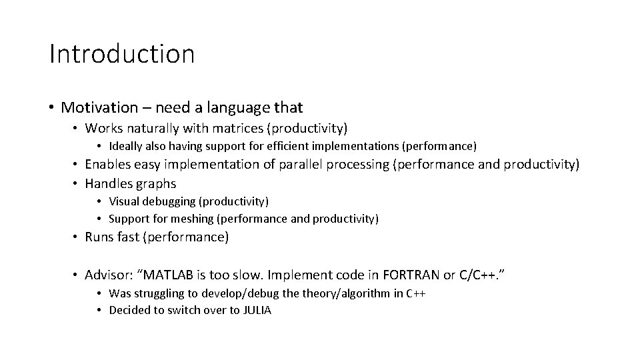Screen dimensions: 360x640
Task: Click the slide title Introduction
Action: click(122, 54)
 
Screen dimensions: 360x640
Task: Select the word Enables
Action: click(107, 164)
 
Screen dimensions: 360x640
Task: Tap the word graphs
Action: click(155, 183)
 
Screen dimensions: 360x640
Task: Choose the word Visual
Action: click(123, 201)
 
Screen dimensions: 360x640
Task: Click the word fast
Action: click(128, 237)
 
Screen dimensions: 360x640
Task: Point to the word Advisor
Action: click(107, 274)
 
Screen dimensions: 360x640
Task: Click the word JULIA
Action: click(255, 311)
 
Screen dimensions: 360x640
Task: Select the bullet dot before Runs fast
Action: click(76, 237)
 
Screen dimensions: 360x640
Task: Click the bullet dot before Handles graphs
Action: click(76, 183)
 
